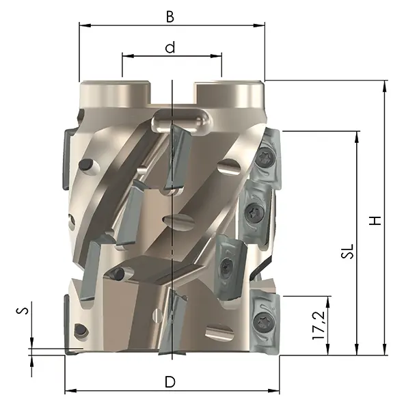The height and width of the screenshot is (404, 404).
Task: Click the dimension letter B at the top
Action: (x=170, y=16)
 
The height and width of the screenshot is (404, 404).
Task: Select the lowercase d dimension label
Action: (x=170, y=47)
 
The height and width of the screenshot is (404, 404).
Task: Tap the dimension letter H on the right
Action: (x=375, y=221)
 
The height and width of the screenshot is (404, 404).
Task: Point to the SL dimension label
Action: (x=347, y=251)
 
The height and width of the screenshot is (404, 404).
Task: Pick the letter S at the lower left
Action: (x=23, y=310)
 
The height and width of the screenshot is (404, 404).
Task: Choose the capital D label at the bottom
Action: (x=170, y=381)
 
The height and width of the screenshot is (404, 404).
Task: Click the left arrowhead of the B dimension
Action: (x=85, y=25)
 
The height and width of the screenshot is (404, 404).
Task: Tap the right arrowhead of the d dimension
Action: (x=216, y=55)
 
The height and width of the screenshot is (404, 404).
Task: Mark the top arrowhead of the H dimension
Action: (x=385, y=86)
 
